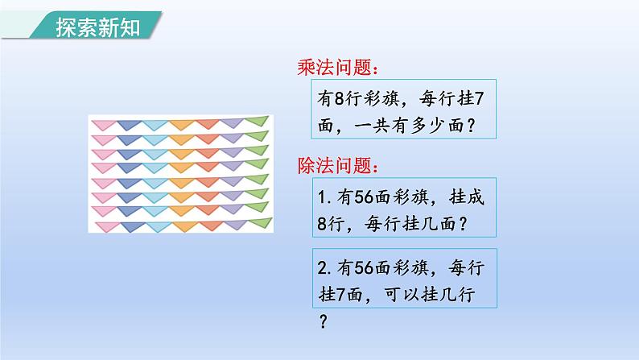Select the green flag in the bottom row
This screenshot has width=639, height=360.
(x=258, y=221)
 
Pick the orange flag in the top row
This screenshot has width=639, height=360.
(x=180, y=124)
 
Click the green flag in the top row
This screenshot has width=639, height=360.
(x=257, y=121)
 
